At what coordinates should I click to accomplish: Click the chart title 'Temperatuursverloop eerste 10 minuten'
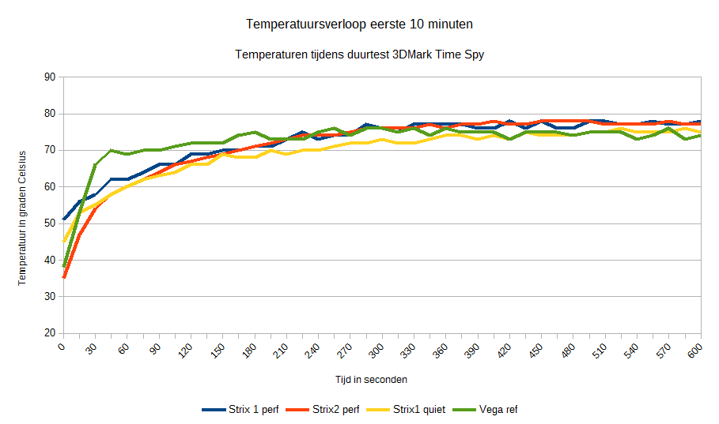coord(359,24)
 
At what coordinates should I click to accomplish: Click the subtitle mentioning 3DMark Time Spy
coord(359,54)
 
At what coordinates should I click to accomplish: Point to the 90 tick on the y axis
coord(51,77)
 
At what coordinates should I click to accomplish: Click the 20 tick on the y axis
coord(51,333)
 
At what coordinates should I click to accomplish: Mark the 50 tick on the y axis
coord(51,223)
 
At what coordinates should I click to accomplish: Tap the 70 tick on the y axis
coord(51,150)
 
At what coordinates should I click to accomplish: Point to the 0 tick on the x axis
coord(62,347)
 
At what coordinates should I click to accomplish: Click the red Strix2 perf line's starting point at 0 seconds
coord(63,277)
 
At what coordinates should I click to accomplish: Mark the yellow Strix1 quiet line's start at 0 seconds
coord(63,241)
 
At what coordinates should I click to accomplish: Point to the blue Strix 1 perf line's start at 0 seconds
coord(63,219)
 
